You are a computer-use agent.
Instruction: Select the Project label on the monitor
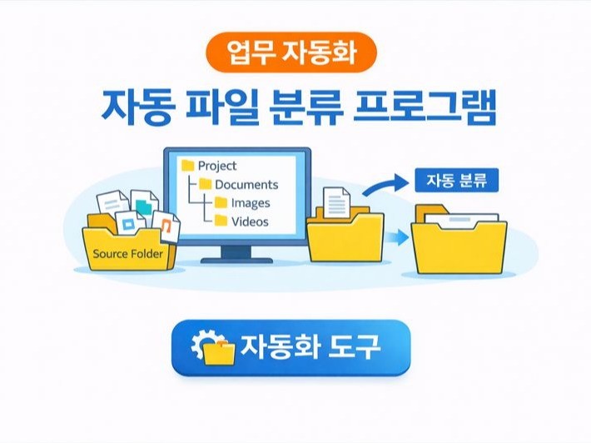point(217,166)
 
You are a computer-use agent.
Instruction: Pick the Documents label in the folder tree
point(246,184)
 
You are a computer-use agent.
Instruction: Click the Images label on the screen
point(251,202)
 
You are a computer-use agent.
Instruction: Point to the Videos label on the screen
point(250,221)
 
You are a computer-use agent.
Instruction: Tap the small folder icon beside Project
point(187,166)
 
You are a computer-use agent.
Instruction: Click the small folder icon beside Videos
point(221,221)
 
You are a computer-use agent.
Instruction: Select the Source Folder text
point(128,253)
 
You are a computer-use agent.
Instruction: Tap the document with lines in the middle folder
point(337,204)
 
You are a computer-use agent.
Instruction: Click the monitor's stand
point(236,251)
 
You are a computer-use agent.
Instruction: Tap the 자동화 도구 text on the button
point(310,347)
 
